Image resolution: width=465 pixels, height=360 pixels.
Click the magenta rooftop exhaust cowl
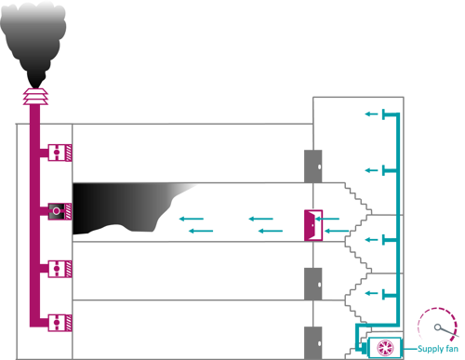[35, 95]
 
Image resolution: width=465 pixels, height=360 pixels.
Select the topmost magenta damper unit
[59, 152]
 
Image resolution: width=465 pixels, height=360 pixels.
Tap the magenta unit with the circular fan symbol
[58, 211]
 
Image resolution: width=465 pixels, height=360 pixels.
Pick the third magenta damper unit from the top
[59, 268]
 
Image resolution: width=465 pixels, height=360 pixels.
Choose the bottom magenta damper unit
[59, 322]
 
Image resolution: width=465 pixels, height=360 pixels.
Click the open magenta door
[312, 224]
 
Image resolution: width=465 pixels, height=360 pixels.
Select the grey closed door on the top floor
[312, 165]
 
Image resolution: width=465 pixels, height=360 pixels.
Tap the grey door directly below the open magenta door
[312, 283]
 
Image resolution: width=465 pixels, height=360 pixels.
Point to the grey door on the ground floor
[312, 340]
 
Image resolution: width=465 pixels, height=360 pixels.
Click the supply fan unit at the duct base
[383, 346]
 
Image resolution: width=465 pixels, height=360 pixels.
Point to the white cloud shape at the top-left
[33, 11]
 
